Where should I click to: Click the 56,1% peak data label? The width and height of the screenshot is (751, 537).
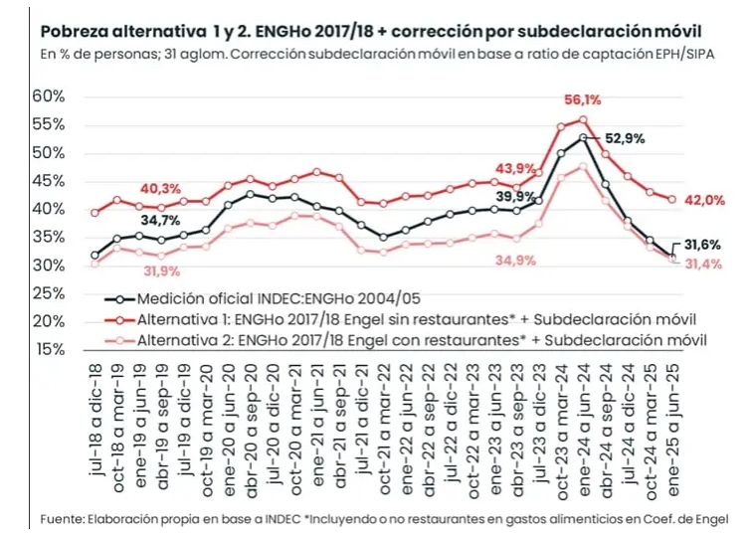click(583, 99)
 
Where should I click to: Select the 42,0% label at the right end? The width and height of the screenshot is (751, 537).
click(703, 200)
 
